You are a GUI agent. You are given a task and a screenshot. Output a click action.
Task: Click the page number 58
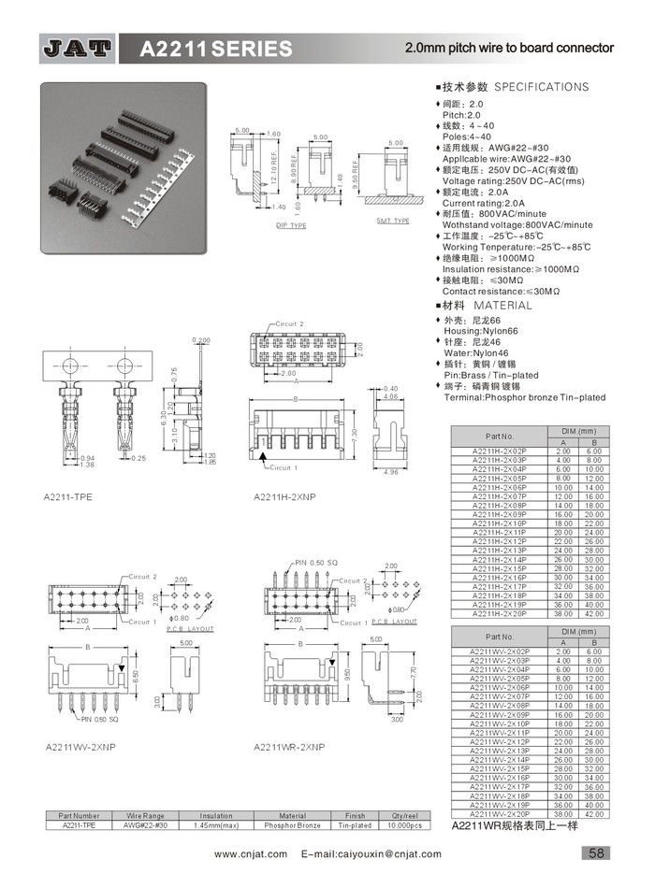596,852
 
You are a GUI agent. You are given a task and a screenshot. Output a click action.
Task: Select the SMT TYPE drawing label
393,221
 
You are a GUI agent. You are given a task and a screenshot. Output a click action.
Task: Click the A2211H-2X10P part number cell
500,523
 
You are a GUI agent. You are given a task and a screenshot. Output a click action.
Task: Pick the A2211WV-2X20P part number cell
500,813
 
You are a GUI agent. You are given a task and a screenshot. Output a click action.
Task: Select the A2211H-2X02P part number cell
500,451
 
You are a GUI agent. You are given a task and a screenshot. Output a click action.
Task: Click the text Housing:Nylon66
480,331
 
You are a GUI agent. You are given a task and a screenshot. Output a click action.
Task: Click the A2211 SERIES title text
214,49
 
